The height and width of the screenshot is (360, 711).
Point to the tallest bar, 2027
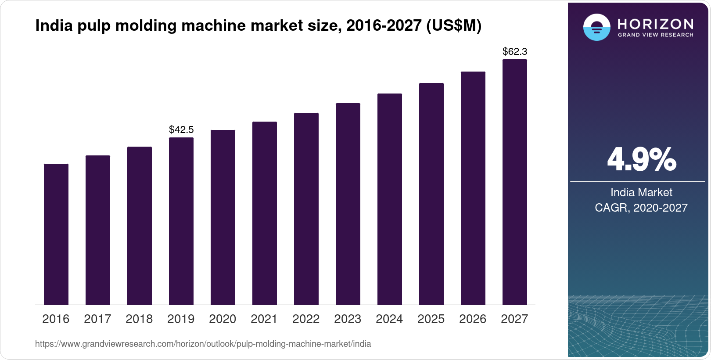pyautogui.click(x=515, y=182)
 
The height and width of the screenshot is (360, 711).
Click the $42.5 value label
pyautogui.click(x=181, y=130)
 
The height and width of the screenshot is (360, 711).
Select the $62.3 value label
pyautogui.click(x=515, y=51)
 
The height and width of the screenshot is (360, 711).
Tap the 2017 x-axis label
pyautogui.click(x=97, y=319)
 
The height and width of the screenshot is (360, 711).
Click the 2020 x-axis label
pyautogui.click(x=223, y=319)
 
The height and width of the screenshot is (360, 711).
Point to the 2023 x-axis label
pyautogui.click(x=348, y=319)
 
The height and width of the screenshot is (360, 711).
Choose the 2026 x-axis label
pyautogui.click(x=473, y=319)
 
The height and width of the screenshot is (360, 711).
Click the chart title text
pyautogui.click(x=258, y=26)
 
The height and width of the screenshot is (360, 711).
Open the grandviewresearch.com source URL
pyautogui.click(x=203, y=344)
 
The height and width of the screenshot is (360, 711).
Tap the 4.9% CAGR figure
pyautogui.click(x=641, y=159)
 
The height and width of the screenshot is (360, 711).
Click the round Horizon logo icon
pyautogui.click(x=596, y=27)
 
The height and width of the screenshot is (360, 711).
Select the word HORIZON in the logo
pyautogui.click(x=656, y=24)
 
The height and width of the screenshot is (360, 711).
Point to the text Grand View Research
pyautogui.click(x=656, y=35)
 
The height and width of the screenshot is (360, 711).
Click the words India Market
pyautogui.click(x=641, y=192)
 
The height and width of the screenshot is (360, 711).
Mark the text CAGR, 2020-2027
pyautogui.click(x=641, y=208)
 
